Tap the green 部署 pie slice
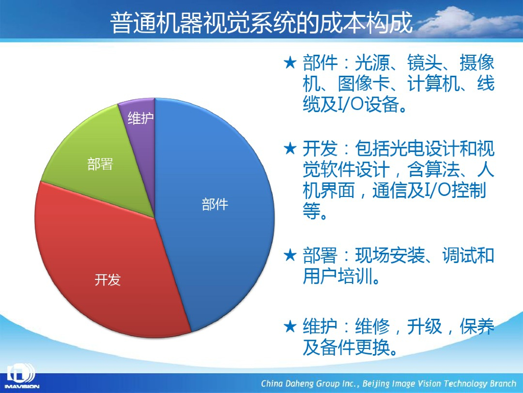[x=100, y=160]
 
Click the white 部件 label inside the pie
[x=215, y=204]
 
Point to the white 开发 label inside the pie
[x=107, y=279]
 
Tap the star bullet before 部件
[x=290, y=62]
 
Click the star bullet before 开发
[x=290, y=148]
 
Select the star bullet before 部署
[x=290, y=255]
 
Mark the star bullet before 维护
[x=290, y=326]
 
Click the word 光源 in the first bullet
[x=372, y=62]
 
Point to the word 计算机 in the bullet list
[x=433, y=83]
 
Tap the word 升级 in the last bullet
[x=424, y=326]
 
